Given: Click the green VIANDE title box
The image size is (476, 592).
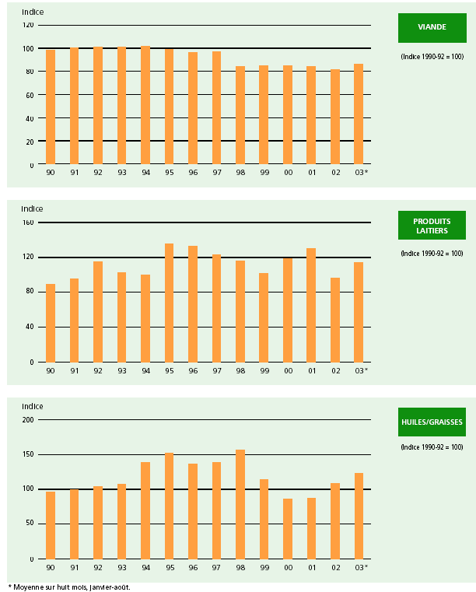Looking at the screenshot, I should coord(432,27).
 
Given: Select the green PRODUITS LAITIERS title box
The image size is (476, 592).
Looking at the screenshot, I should coord(432,225).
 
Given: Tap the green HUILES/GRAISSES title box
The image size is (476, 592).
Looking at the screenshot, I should coord(432,422).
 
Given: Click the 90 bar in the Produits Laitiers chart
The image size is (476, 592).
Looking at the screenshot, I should coord(51,323).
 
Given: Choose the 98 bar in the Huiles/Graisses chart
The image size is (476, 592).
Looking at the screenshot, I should coord(240,504).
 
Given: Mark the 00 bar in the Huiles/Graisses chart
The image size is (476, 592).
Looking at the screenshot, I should coord(288,528).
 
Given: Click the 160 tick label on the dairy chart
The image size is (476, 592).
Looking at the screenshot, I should coord(28,222).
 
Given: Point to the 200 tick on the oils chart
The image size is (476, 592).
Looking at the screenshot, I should coord(28,420).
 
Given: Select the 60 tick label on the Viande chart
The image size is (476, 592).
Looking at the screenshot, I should coord(30,95).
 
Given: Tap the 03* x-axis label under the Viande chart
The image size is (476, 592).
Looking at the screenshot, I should coord(360,173).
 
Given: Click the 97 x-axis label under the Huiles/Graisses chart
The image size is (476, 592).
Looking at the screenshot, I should coord(216,567).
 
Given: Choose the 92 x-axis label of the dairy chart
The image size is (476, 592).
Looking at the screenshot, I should coord(98,370).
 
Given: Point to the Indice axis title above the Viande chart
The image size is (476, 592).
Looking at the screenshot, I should coord(33,12).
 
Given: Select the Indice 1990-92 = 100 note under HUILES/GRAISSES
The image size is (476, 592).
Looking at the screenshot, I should coord(432,447).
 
